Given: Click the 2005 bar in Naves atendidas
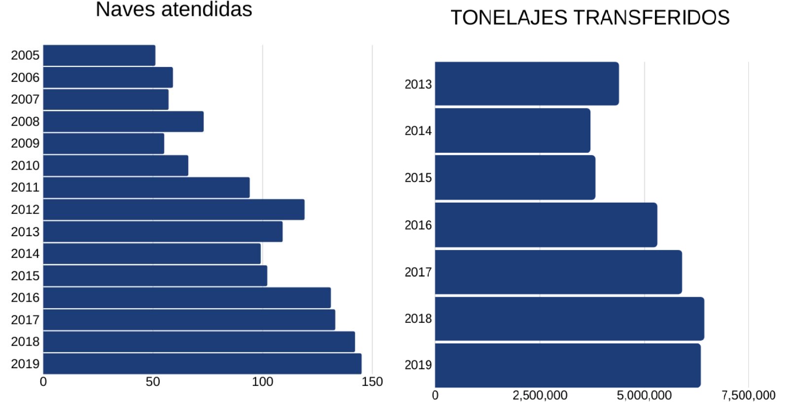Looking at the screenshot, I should [99, 55].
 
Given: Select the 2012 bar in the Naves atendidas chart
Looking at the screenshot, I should [173, 209].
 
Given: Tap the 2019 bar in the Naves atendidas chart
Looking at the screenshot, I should [202, 364].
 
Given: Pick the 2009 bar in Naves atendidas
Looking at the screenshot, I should [103, 143].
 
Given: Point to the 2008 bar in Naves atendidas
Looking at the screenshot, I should [123, 122].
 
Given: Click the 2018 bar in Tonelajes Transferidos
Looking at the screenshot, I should [569, 318].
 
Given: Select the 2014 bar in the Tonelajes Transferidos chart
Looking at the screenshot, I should [513, 131].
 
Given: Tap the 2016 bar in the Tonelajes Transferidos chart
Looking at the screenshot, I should [546, 225].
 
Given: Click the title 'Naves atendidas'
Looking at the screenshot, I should [173, 9].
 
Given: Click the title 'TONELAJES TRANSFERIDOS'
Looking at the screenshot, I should [589, 18].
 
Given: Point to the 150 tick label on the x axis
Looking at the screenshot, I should [372, 382].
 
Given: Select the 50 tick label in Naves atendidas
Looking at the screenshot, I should [153, 382].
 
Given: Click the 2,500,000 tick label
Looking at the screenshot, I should [540, 395].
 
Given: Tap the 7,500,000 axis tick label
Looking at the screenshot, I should [748, 395].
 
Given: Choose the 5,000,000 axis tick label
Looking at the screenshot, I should [644, 395].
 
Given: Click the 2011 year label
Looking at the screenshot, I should [25, 187].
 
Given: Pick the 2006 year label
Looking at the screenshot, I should [25, 77].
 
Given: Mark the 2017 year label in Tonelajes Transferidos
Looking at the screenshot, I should [418, 272].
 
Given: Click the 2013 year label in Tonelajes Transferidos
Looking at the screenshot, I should [418, 84].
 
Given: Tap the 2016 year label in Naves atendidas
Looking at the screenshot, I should [25, 298].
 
